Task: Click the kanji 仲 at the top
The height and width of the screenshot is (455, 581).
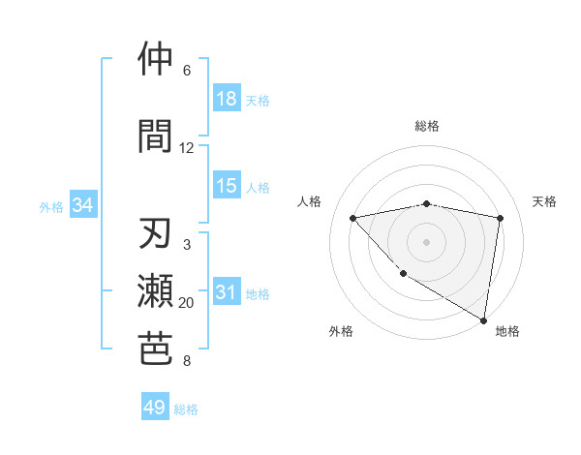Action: click(156, 59)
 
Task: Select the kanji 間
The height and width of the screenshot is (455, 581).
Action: click(156, 135)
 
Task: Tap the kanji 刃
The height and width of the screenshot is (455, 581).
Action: click(156, 234)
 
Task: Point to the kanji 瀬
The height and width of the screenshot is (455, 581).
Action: click(156, 291)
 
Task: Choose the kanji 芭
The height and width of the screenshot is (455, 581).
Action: click(156, 349)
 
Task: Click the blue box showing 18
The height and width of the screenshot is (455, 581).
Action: click(227, 99)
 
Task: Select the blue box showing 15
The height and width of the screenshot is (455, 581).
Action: click(227, 186)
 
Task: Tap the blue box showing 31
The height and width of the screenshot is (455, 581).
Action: click(227, 293)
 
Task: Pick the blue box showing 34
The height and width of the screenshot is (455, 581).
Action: click(83, 205)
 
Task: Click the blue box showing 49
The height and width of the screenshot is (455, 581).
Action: click(155, 408)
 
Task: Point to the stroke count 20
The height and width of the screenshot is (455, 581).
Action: click(186, 303)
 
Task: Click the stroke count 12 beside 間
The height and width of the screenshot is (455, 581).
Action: click(186, 148)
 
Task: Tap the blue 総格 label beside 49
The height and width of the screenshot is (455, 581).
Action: click(186, 409)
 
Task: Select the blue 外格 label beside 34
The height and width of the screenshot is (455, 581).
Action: click(51, 206)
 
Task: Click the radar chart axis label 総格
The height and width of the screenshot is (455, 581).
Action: click(426, 126)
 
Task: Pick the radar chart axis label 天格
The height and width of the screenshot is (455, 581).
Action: click(545, 201)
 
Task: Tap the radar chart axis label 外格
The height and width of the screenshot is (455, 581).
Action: click(341, 331)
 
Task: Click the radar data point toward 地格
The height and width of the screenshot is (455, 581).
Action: click(483, 319)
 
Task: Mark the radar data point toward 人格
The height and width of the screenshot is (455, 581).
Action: click(353, 218)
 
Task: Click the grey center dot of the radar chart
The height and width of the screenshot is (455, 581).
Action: click(426, 241)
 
